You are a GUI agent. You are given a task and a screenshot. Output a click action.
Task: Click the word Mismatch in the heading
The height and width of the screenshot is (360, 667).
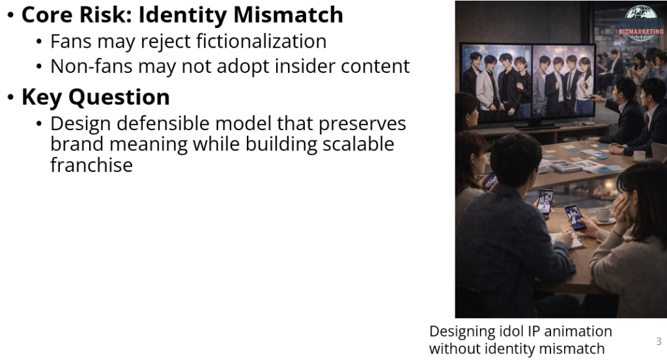(288, 14)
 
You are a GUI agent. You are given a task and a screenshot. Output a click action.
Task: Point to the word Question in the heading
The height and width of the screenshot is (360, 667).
(119, 97)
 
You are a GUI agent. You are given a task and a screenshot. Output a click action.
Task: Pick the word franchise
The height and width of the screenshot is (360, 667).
(91, 165)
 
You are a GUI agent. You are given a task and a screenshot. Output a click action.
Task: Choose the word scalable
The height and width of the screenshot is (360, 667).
(358, 144)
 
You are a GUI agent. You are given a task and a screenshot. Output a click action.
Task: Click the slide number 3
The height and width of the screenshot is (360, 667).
(659, 341)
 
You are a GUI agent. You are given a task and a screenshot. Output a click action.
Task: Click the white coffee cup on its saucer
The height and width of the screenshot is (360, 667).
(603, 215)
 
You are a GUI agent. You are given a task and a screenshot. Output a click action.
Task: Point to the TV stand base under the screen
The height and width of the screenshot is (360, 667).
(536, 126)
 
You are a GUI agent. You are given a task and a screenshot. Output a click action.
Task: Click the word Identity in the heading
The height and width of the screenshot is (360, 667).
(183, 14)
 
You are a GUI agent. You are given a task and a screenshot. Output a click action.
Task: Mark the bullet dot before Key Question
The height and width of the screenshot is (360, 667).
(11, 98)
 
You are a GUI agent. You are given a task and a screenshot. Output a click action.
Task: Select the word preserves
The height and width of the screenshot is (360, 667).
(362, 123)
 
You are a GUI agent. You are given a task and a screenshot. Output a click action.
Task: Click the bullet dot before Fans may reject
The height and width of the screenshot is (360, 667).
(39, 42)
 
